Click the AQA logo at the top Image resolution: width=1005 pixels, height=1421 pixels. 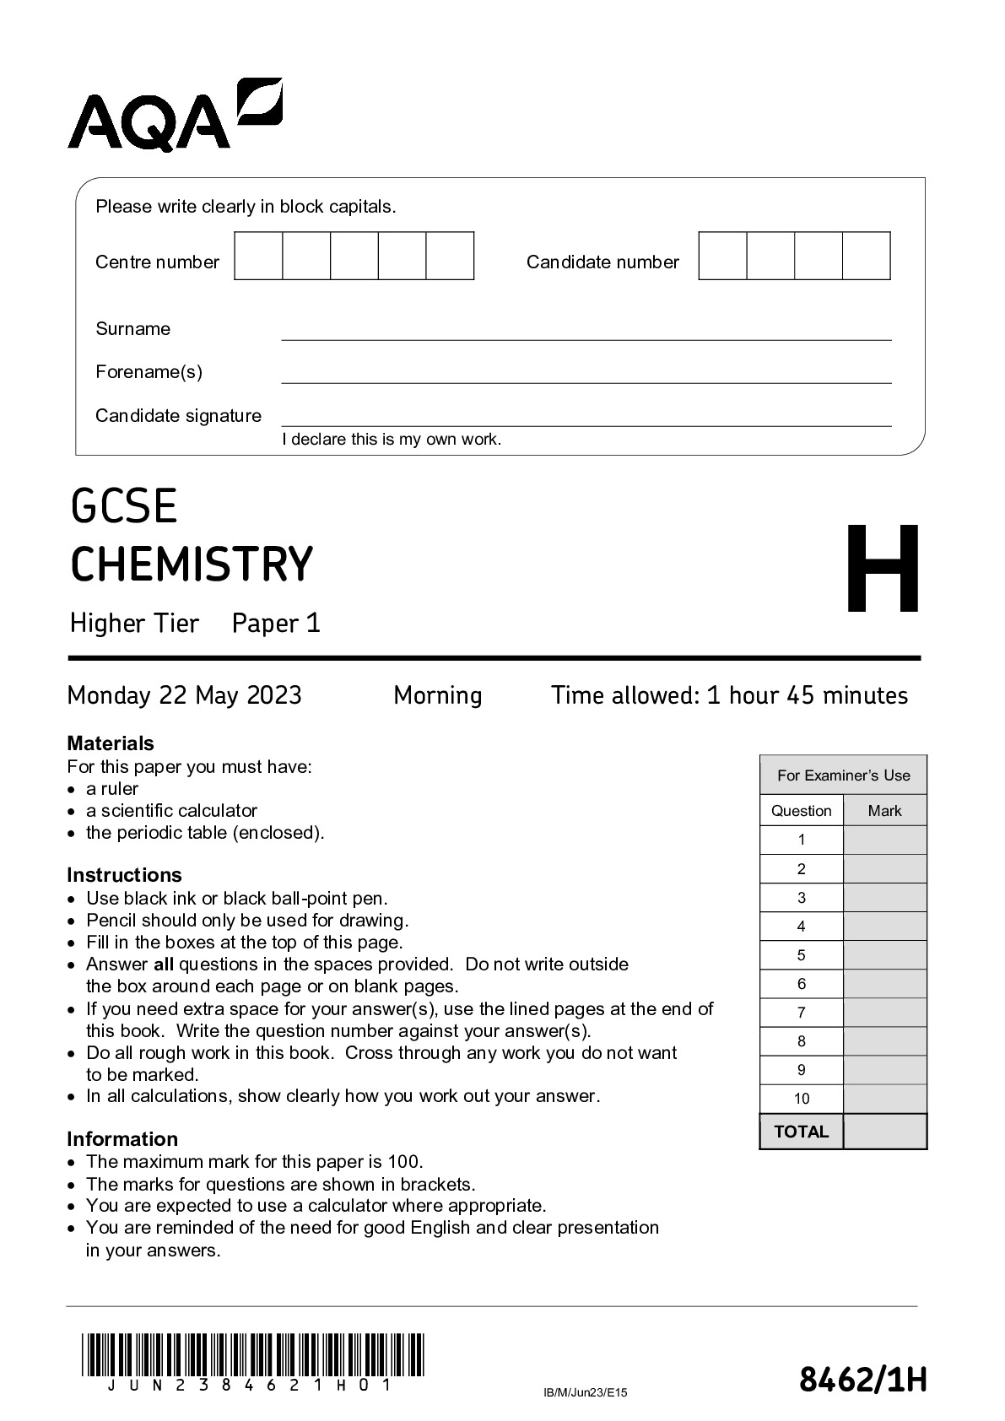(174, 116)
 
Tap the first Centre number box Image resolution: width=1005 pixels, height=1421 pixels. (258, 257)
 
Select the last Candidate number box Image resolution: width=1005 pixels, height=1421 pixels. (867, 257)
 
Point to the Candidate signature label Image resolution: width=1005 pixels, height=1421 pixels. (178, 416)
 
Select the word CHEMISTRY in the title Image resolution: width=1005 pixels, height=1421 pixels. (192, 565)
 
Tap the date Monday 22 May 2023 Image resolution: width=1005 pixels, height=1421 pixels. (184, 695)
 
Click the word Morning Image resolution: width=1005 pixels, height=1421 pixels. (438, 695)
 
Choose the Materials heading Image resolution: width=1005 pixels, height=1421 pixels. (111, 743)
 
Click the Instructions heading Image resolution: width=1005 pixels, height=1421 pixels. (124, 875)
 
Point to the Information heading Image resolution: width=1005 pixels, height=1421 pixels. (122, 1139)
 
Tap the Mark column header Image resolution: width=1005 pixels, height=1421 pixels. (884, 811)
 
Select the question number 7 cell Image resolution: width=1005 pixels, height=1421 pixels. (802, 1013)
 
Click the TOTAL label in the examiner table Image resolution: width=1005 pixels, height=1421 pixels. (802, 1132)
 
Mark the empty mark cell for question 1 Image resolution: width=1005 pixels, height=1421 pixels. (884, 840)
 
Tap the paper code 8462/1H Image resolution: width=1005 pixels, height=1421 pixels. (862, 1381)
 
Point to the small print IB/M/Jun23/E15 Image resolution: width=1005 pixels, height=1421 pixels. (586, 1393)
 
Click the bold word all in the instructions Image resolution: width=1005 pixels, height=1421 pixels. (164, 964)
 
